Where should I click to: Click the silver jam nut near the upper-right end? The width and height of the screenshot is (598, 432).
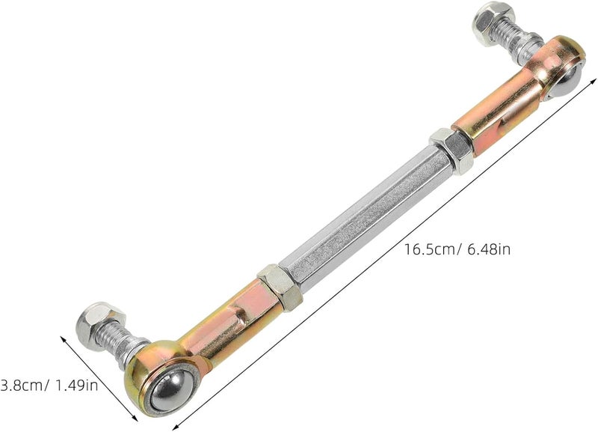point(451,150)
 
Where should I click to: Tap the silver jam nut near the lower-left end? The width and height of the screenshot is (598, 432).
point(280,287)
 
